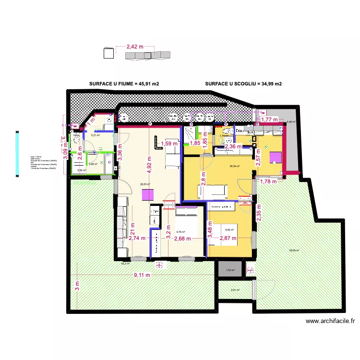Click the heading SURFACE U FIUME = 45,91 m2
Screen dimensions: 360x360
(124, 84)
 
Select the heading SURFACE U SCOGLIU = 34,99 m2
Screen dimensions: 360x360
(243, 84)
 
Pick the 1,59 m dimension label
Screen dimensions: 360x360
(169, 143)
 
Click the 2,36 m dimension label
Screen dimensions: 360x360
(237, 146)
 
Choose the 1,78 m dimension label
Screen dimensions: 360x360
(268, 181)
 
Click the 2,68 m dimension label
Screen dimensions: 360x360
(182, 238)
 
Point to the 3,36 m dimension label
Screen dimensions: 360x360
(120, 155)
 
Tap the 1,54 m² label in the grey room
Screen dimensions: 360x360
(231, 270)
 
